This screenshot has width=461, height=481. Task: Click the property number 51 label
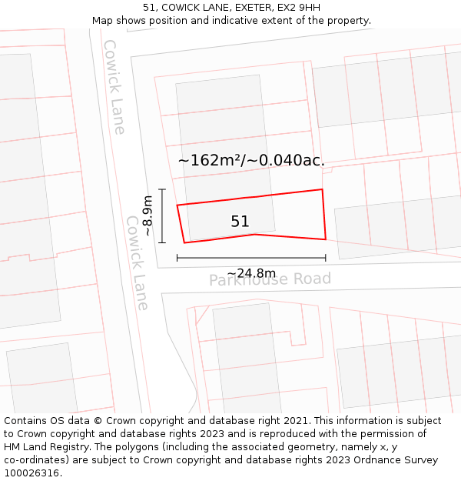(240, 222)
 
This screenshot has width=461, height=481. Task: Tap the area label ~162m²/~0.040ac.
(251, 160)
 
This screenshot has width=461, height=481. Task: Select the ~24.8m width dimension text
(251, 273)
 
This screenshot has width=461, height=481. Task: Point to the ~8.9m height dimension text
(148, 215)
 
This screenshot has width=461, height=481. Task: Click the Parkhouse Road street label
(270, 279)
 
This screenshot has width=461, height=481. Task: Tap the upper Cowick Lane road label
(114, 87)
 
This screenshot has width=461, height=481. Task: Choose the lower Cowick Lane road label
(137, 262)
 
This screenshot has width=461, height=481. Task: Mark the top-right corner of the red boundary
(322, 189)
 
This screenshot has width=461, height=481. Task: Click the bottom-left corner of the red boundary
(184, 242)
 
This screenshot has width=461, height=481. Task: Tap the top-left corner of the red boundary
(177, 205)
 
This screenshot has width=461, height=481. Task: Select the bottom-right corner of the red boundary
(326, 239)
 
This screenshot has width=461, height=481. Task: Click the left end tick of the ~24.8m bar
(177, 258)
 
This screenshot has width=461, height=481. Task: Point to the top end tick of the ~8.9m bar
(162, 189)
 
